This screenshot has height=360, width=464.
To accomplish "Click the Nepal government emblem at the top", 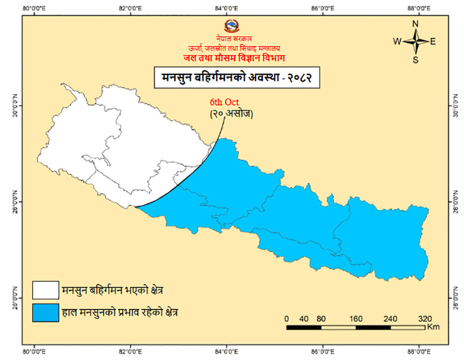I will tap(231, 26).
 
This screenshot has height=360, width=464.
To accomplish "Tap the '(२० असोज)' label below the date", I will tap(230, 114).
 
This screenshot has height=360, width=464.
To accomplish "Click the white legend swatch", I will tap(45, 290).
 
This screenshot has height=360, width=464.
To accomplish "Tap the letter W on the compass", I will tap(397, 41).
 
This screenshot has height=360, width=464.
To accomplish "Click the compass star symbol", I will tap(416, 41).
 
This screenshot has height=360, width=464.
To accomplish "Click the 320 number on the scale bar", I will tap(424, 318).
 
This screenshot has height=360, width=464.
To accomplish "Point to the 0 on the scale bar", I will tap(286, 318).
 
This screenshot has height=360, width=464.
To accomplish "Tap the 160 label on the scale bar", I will tap(355, 318).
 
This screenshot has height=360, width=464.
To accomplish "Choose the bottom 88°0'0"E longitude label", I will tap(419, 352).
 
